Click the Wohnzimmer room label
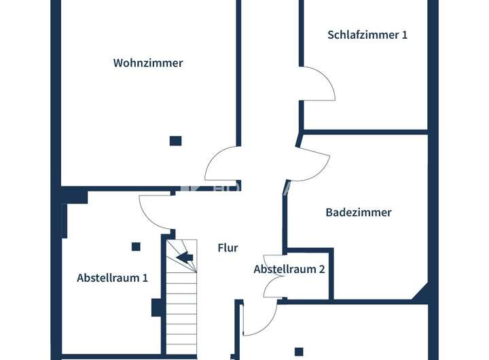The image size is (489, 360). pyautogui.click(x=148, y=63)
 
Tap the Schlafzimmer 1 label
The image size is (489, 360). pyautogui.click(x=367, y=35)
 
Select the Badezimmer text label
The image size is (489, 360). pyautogui.click(x=359, y=213)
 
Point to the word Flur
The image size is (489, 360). pyautogui.click(x=228, y=248)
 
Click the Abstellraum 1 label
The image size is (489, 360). pyautogui.click(x=112, y=278)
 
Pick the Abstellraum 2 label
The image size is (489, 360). pyautogui.click(x=289, y=269)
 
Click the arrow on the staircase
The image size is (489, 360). pyautogui.click(x=184, y=257)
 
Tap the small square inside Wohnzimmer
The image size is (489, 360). pyautogui.click(x=175, y=141)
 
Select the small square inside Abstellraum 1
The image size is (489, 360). pyautogui.click(x=136, y=247)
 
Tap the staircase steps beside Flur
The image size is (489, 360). pyautogui.click(x=181, y=306)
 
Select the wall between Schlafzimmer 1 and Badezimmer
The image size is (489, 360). pyautogui.click(x=365, y=130)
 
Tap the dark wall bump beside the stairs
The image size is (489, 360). pyautogui.click(x=157, y=308)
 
